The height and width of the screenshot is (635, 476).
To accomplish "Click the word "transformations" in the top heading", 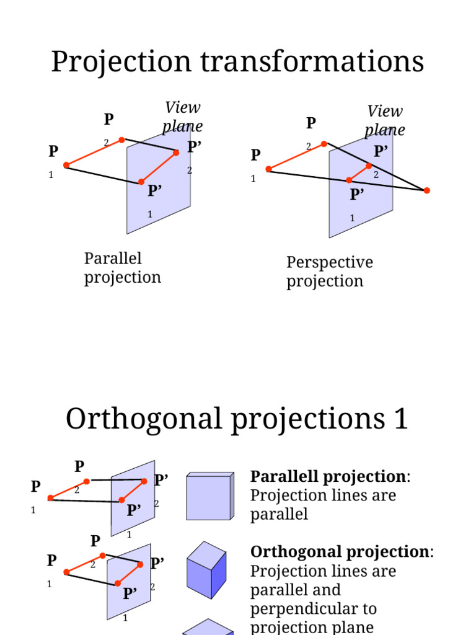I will (x=310, y=62).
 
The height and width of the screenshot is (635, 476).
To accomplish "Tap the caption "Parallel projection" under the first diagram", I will (x=122, y=268).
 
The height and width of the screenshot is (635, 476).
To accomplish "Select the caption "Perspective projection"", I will (x=329, y=272).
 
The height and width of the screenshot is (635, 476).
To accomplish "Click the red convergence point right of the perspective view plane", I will (x=426, y=190).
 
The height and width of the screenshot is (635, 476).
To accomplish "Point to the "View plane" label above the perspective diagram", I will (x=385, y=120).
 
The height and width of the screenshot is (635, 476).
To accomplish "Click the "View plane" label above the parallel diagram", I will (x=183, y=117).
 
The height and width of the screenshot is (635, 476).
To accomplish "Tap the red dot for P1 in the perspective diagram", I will (x=268, y=169).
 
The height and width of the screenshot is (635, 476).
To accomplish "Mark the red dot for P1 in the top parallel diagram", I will (x=66, y=165).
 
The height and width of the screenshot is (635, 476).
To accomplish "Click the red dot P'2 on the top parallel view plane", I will (x=176, y=152).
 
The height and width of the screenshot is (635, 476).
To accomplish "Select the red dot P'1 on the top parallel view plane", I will (x=141, y=182).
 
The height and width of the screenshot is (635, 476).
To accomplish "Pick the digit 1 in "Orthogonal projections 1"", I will (x=400, y=419).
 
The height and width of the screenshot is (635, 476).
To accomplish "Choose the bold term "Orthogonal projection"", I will (x=339, y=552).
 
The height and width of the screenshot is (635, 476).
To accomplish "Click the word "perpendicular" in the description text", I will (x=313, y=609).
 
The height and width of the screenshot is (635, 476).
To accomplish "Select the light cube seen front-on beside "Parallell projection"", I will (x=209, y=496).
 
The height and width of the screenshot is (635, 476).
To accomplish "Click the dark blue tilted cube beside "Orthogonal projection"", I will (x=206, y=570).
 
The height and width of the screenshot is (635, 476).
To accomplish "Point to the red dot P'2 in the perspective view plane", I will (x=369, y=166).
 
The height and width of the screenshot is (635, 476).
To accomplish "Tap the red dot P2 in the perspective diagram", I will (x=324, y=144).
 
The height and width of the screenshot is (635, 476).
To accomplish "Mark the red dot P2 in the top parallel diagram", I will (x=121, y=140).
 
